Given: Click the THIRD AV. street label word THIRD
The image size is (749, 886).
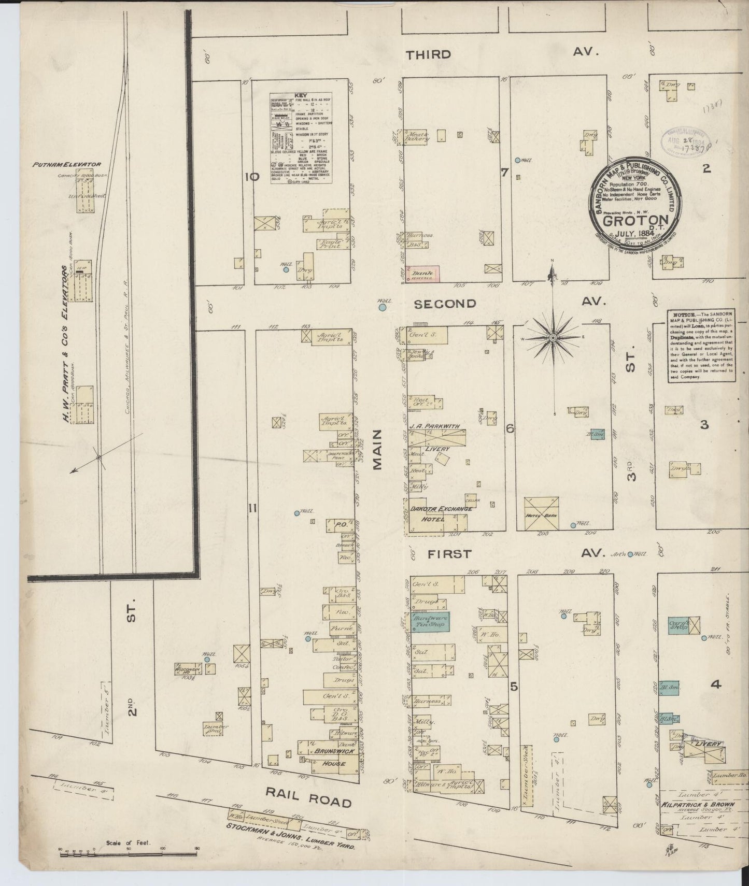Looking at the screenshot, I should [428, 54].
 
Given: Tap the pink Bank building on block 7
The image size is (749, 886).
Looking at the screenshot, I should [424, 274].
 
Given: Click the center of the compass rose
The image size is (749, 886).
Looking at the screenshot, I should [553, 338].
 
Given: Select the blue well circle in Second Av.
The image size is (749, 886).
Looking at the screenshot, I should [382, 308].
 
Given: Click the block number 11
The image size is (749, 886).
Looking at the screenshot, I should [252, 509].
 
